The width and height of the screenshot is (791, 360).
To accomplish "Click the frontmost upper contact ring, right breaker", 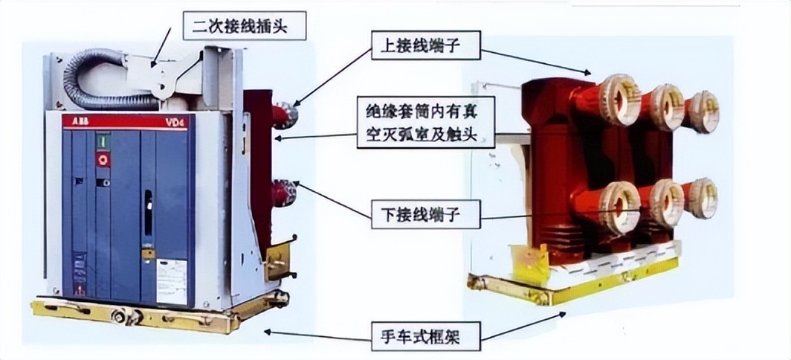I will click(x=619, y=100).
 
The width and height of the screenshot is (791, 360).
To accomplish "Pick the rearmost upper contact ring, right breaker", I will click(x=703, y=110).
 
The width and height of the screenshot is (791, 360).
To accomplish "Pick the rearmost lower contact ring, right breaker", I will click(x=702, y=197).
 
